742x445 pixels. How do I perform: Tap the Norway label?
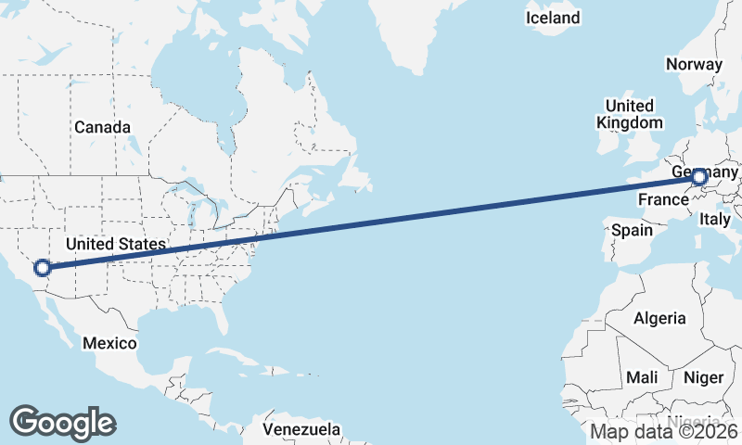click(694, 64)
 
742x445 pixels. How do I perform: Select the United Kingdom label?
click(630, 114)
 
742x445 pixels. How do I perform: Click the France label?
click(661, 199)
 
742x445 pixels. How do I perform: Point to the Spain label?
click(632, 229)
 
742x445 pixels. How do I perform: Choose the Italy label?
click(715, 220)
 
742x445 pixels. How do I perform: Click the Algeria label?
click(659, 318)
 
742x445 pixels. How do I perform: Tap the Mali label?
click(642, 377)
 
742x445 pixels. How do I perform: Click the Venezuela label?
click(301, 430)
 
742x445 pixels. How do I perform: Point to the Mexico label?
click(109, 343)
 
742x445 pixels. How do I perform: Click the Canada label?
click(102, 127)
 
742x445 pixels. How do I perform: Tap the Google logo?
click(62, 423)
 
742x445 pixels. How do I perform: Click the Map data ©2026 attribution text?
click(664, 431)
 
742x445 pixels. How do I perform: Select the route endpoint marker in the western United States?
click(42, 268)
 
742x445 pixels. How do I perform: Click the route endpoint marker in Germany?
click(698, 177)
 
